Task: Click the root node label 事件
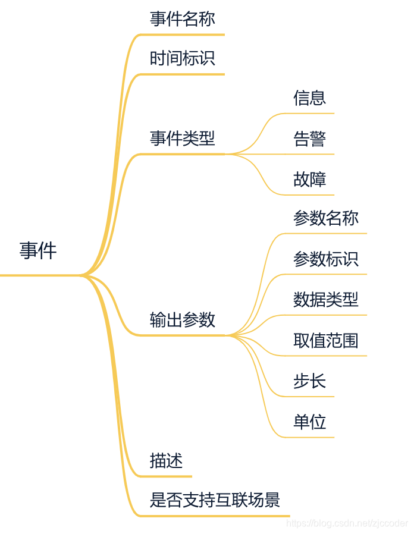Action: (x=38, y=251)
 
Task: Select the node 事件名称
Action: (x=182, y=19)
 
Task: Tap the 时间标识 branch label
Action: (x=182, y=59)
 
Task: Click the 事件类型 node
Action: (x=182, y=139)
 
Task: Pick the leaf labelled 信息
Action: (x=309, y=98)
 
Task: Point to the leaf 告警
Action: (x=309, y=139)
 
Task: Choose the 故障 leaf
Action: (x=309, y=180)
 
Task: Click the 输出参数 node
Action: (x=182, y=321)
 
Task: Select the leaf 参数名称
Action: (x=325, y=218)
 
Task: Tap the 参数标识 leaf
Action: (x=325, y=259)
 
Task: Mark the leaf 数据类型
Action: (x=325, y=300)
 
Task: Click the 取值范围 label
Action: (x=325, y=341)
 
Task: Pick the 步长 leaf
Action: (x=309, y=381)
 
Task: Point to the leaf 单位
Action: (x=309, y=422)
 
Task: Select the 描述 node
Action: (x=166, y=461)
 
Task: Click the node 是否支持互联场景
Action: (x=215, y=500)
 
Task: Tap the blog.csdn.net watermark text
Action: (x=347, y=523)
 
